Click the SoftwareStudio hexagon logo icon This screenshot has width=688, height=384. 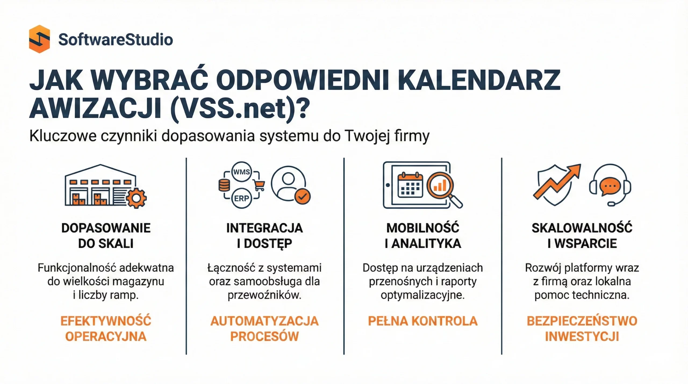(x=39, y=39)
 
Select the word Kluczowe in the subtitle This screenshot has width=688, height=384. (x=63, y=136)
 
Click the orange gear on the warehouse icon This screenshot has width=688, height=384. (x=136, y=198)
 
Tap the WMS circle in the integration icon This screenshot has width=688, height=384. (x=241, y=172)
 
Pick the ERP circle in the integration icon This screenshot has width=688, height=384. (x=241, y=199)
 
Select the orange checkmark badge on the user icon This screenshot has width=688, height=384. (x=303, y=196)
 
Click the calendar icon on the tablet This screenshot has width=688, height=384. (x=410, y=185)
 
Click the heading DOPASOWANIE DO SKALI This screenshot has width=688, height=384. (x=106, y=236)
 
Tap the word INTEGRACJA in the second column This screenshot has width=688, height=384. (x=264, y=228)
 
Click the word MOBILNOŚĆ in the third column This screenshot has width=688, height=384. (x=423, y=228)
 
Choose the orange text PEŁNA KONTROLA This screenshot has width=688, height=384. (x=423, y=321)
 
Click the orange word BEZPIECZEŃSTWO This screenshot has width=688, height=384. (x=582, y=321)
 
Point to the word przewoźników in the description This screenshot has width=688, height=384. (x=264, y=295)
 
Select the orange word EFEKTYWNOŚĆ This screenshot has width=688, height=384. (x=106, y=321)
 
